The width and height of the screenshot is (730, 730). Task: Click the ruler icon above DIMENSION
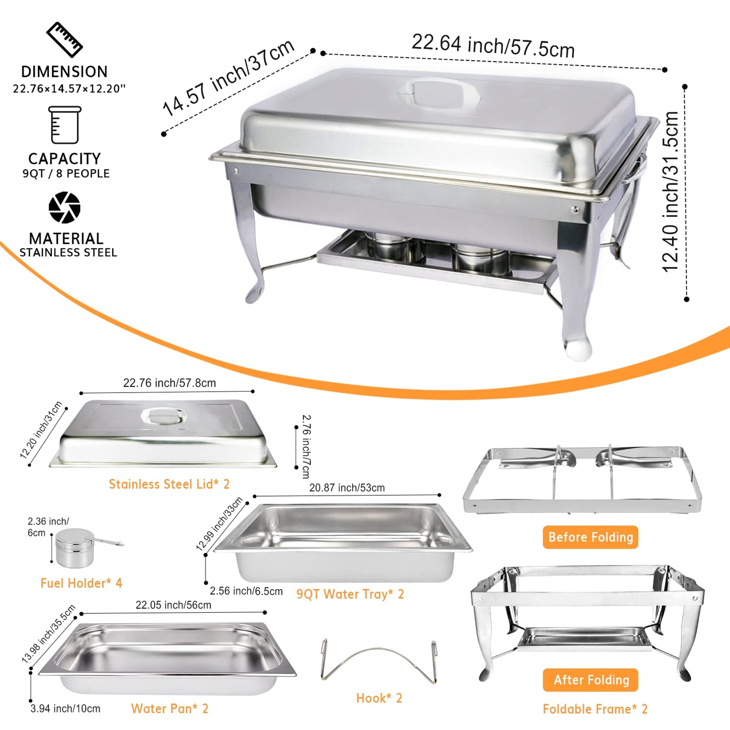tap(64, 39)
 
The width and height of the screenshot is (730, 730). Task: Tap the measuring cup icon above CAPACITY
tap(65, 125)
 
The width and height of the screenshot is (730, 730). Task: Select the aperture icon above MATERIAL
tap(65, 207)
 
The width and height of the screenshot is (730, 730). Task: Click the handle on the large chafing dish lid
tap(439, 92)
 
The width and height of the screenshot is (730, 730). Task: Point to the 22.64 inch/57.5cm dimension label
tap(493, 46)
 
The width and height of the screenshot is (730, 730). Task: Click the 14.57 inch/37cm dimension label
tap(228, 77)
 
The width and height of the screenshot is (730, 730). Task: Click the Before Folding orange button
tap(590, 537)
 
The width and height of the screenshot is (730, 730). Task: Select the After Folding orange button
tap(590, 679)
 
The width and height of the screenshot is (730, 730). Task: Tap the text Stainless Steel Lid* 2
tap(169, 484)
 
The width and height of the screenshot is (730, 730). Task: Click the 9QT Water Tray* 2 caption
tap(350, 594)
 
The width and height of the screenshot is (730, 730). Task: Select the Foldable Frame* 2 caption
tap(595, 709)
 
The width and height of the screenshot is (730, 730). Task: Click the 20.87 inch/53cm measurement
tap(347, 488)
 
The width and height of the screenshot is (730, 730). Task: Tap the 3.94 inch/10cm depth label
tap(65, 708)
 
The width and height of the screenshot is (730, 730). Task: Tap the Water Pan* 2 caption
tap(170, 708)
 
